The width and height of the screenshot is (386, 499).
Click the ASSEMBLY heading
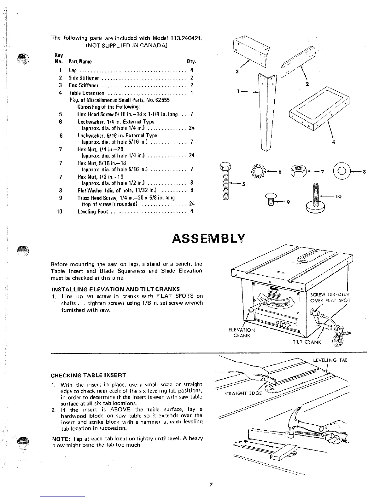208,238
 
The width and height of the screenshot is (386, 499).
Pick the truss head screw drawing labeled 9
271,199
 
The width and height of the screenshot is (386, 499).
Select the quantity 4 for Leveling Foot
192,211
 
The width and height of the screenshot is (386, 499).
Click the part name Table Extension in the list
86,93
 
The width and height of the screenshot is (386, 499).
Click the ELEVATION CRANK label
242,333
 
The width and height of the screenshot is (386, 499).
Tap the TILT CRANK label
307,342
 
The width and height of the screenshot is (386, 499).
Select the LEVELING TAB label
330,360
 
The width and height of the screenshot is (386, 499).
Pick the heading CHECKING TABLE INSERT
88,375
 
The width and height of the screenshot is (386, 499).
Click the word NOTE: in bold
61,439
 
